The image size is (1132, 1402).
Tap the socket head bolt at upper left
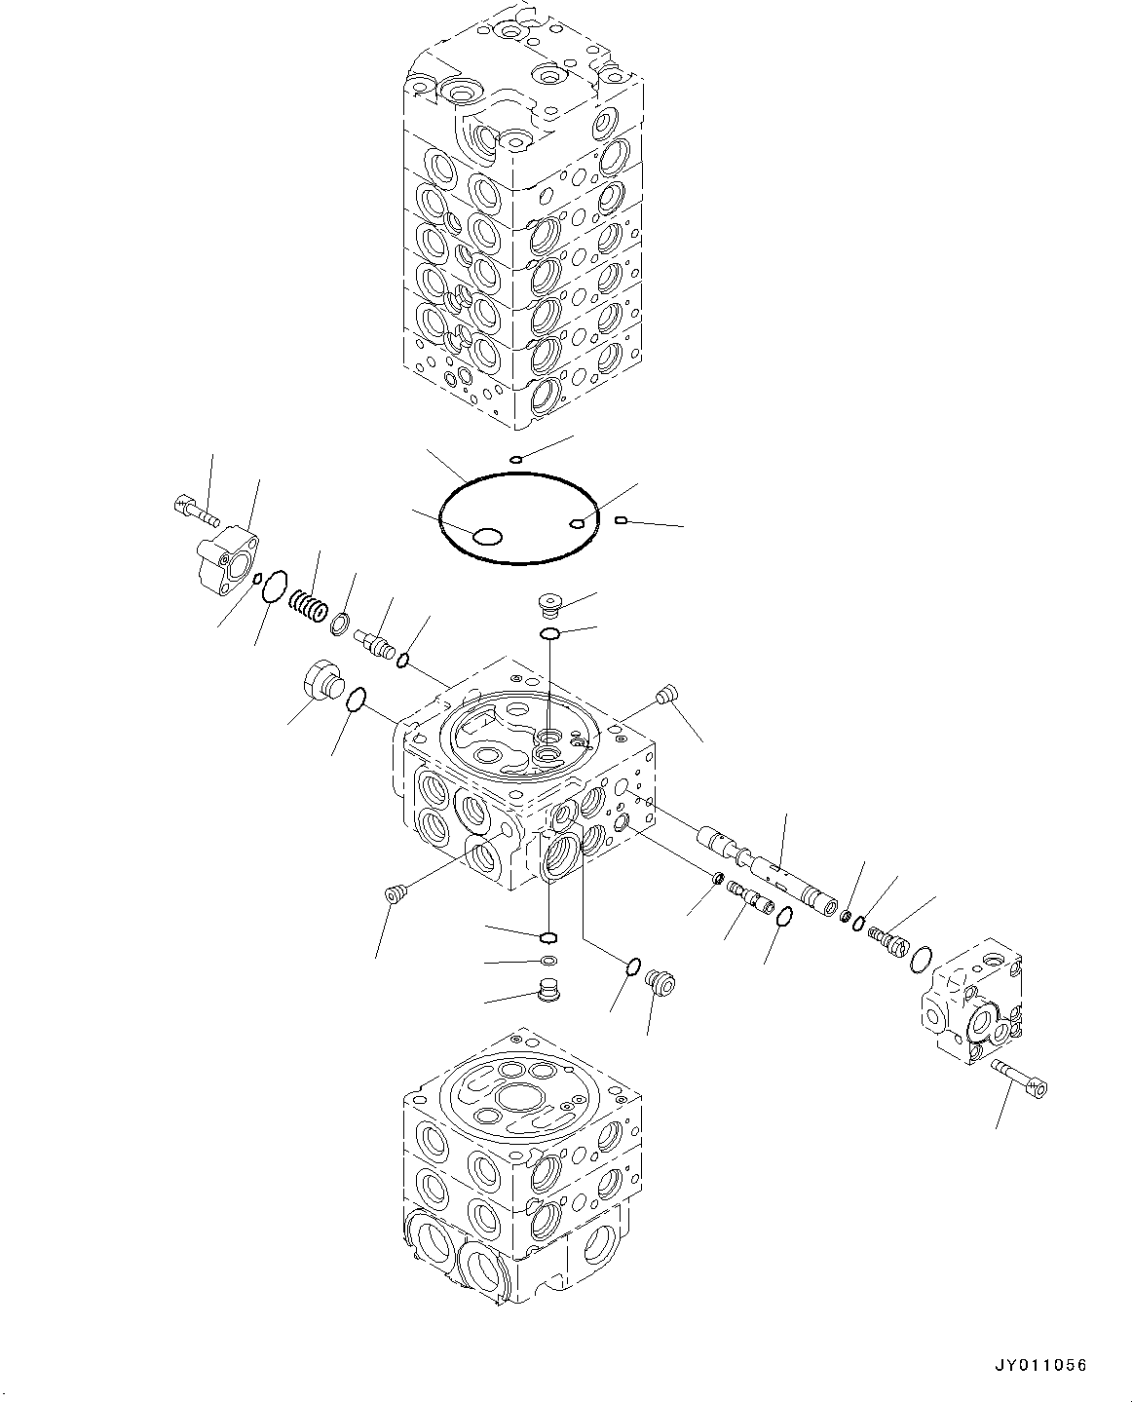(x=193, y=507)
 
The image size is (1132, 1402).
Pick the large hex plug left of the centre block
(x=321, y=680)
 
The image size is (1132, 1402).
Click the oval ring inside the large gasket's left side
(x=485, y=537)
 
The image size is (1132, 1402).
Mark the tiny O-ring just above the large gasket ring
(x=517, y=460)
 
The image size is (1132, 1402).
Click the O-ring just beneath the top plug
(x=550, y=635)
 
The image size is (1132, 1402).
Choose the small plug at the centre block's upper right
(x=666, y=695)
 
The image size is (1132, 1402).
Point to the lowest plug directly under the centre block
(x=551, y=993)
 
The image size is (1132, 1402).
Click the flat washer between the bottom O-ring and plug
(x=549, y=963)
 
